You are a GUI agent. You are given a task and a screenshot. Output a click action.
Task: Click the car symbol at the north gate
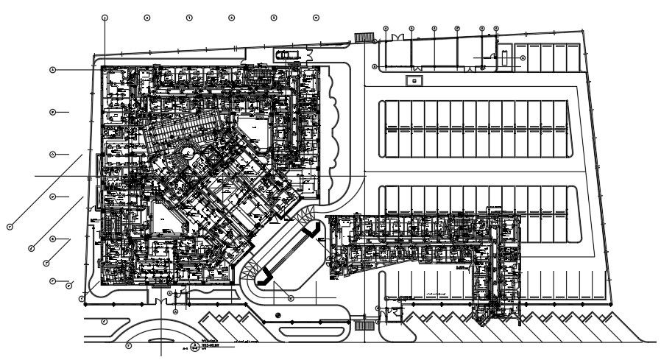(x=288, y=54)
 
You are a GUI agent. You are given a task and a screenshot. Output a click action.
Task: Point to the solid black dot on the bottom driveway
(x=278, y=315)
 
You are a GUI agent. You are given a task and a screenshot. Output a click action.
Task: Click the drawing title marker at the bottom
(x=194, y=345)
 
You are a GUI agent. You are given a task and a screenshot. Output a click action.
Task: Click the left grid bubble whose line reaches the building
(x=53, y=70)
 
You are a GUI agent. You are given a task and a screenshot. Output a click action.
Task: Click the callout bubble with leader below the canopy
(x=291, y=298)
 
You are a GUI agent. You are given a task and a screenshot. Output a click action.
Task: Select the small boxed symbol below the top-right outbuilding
(x=414, y=80)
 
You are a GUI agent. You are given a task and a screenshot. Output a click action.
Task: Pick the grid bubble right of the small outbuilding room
(x=522, y=57)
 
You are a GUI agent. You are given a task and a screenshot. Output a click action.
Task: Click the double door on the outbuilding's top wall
(x=397, y=38)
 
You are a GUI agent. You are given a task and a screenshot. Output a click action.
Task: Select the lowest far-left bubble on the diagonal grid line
(x=10, y=227)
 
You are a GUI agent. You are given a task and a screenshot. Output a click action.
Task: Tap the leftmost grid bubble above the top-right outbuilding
(x=385, y=29)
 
